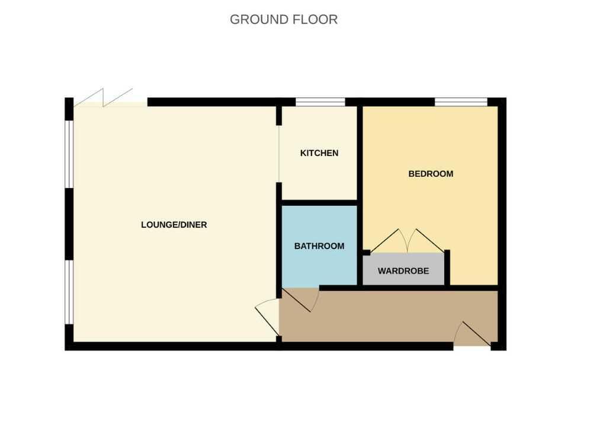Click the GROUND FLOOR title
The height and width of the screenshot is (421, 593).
[x=284, y=19]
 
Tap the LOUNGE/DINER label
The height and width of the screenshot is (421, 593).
[x=174, y=225]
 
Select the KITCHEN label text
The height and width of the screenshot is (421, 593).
[x=319, y=153]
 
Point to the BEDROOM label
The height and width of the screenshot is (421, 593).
[x=431, y=174]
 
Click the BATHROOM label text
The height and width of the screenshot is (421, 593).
[x=319, y=246]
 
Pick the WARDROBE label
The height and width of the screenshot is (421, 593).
[x=403, y=272]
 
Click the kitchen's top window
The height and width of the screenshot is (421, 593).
[x=320, y=102]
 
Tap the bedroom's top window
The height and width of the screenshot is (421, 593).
[x=461, y=102]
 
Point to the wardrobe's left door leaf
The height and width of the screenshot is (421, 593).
[x=388, y=240]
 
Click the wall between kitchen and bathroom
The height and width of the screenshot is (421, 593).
[x=319, y=202]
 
